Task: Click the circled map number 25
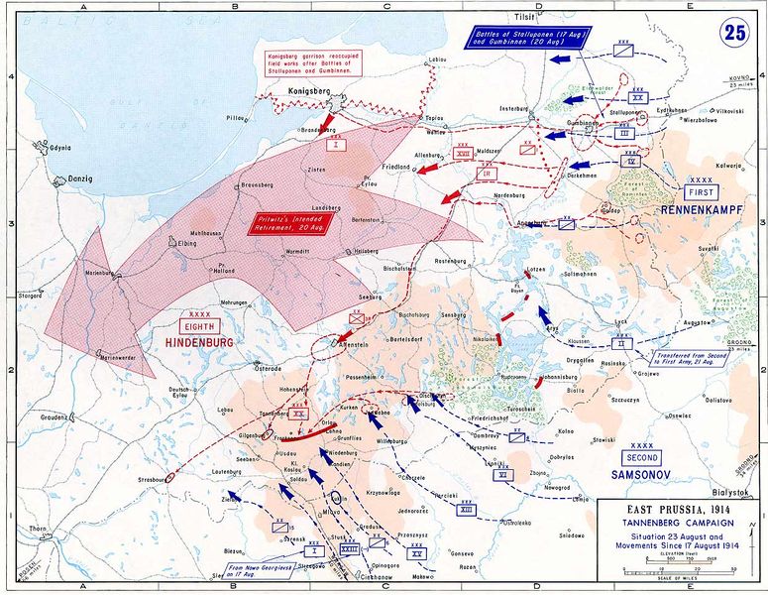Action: point(735,32)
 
